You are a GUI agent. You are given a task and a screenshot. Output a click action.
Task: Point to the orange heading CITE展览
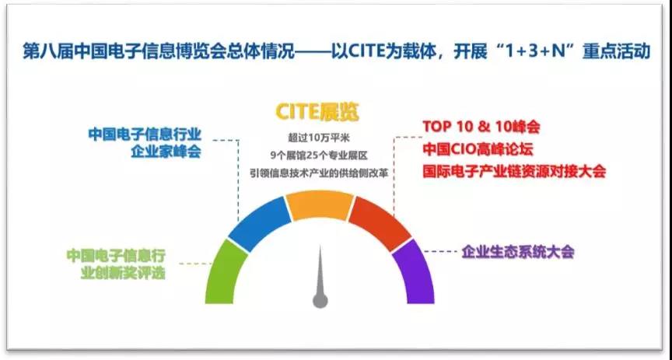317,112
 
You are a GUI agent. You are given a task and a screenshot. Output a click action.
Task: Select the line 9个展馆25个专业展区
317,156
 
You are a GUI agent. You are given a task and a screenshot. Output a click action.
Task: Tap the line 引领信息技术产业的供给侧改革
317,172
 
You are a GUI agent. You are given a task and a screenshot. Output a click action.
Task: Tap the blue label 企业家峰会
166,152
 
